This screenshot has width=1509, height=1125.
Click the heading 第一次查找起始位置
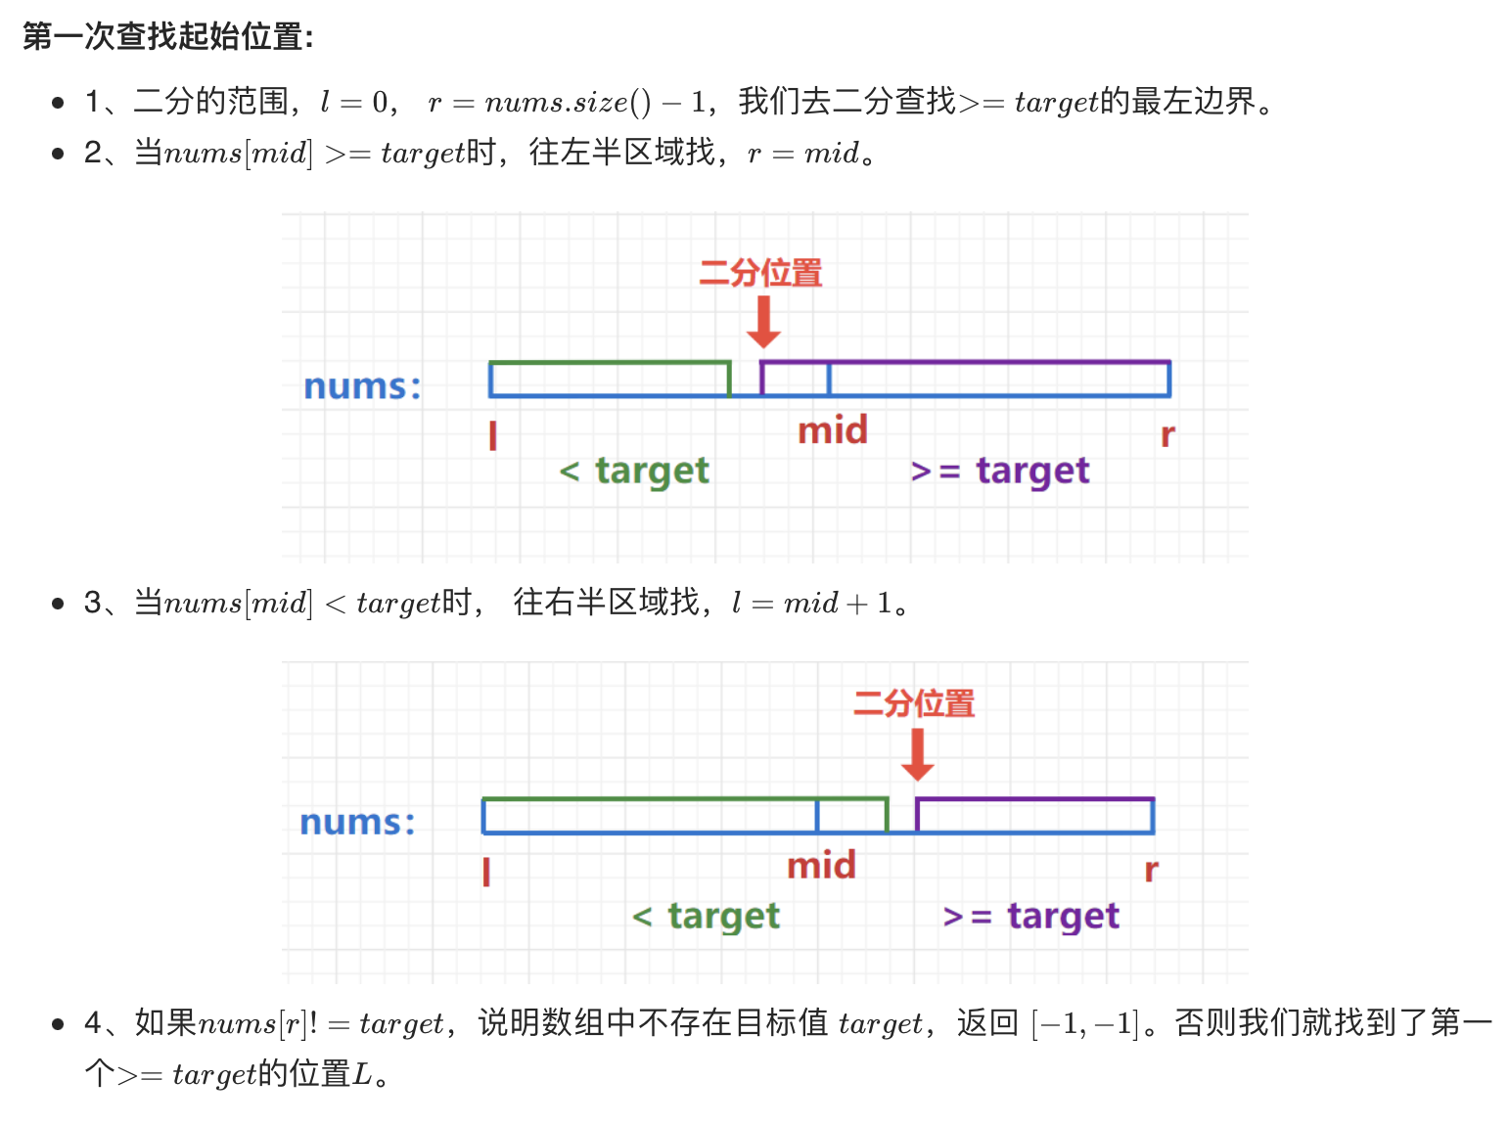[x=167, y=37]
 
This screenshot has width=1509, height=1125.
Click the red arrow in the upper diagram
[x=763, y=321]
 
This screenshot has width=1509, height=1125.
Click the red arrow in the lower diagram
[x=917, y=755]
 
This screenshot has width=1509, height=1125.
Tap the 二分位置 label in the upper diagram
[x=760, y=273]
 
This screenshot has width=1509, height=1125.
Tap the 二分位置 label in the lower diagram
[x=914, y=703]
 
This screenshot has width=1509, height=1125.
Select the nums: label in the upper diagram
[x=362, y=386]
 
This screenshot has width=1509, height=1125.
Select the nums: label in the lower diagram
[x=357, y=822]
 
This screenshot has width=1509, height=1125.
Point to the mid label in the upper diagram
[x=833, y=430]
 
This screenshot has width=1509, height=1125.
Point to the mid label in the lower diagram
[x=821, y=866]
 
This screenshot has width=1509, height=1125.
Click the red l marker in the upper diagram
[x=493, y=435]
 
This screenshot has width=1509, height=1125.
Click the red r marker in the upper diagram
[x=1167, y=435]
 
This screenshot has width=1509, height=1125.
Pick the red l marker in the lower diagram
[x=486, y=871]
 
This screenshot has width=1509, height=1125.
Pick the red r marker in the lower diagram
[x=1152, y=870]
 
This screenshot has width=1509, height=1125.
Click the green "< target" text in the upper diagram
[x=634, y=472]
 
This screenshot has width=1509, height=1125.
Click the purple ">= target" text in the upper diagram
[x=999, y=472]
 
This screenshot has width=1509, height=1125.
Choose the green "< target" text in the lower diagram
[x=706, y=917]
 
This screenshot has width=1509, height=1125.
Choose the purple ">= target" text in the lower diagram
[x=1030, y=917]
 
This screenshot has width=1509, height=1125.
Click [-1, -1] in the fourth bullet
[x=1085, y=1024]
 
